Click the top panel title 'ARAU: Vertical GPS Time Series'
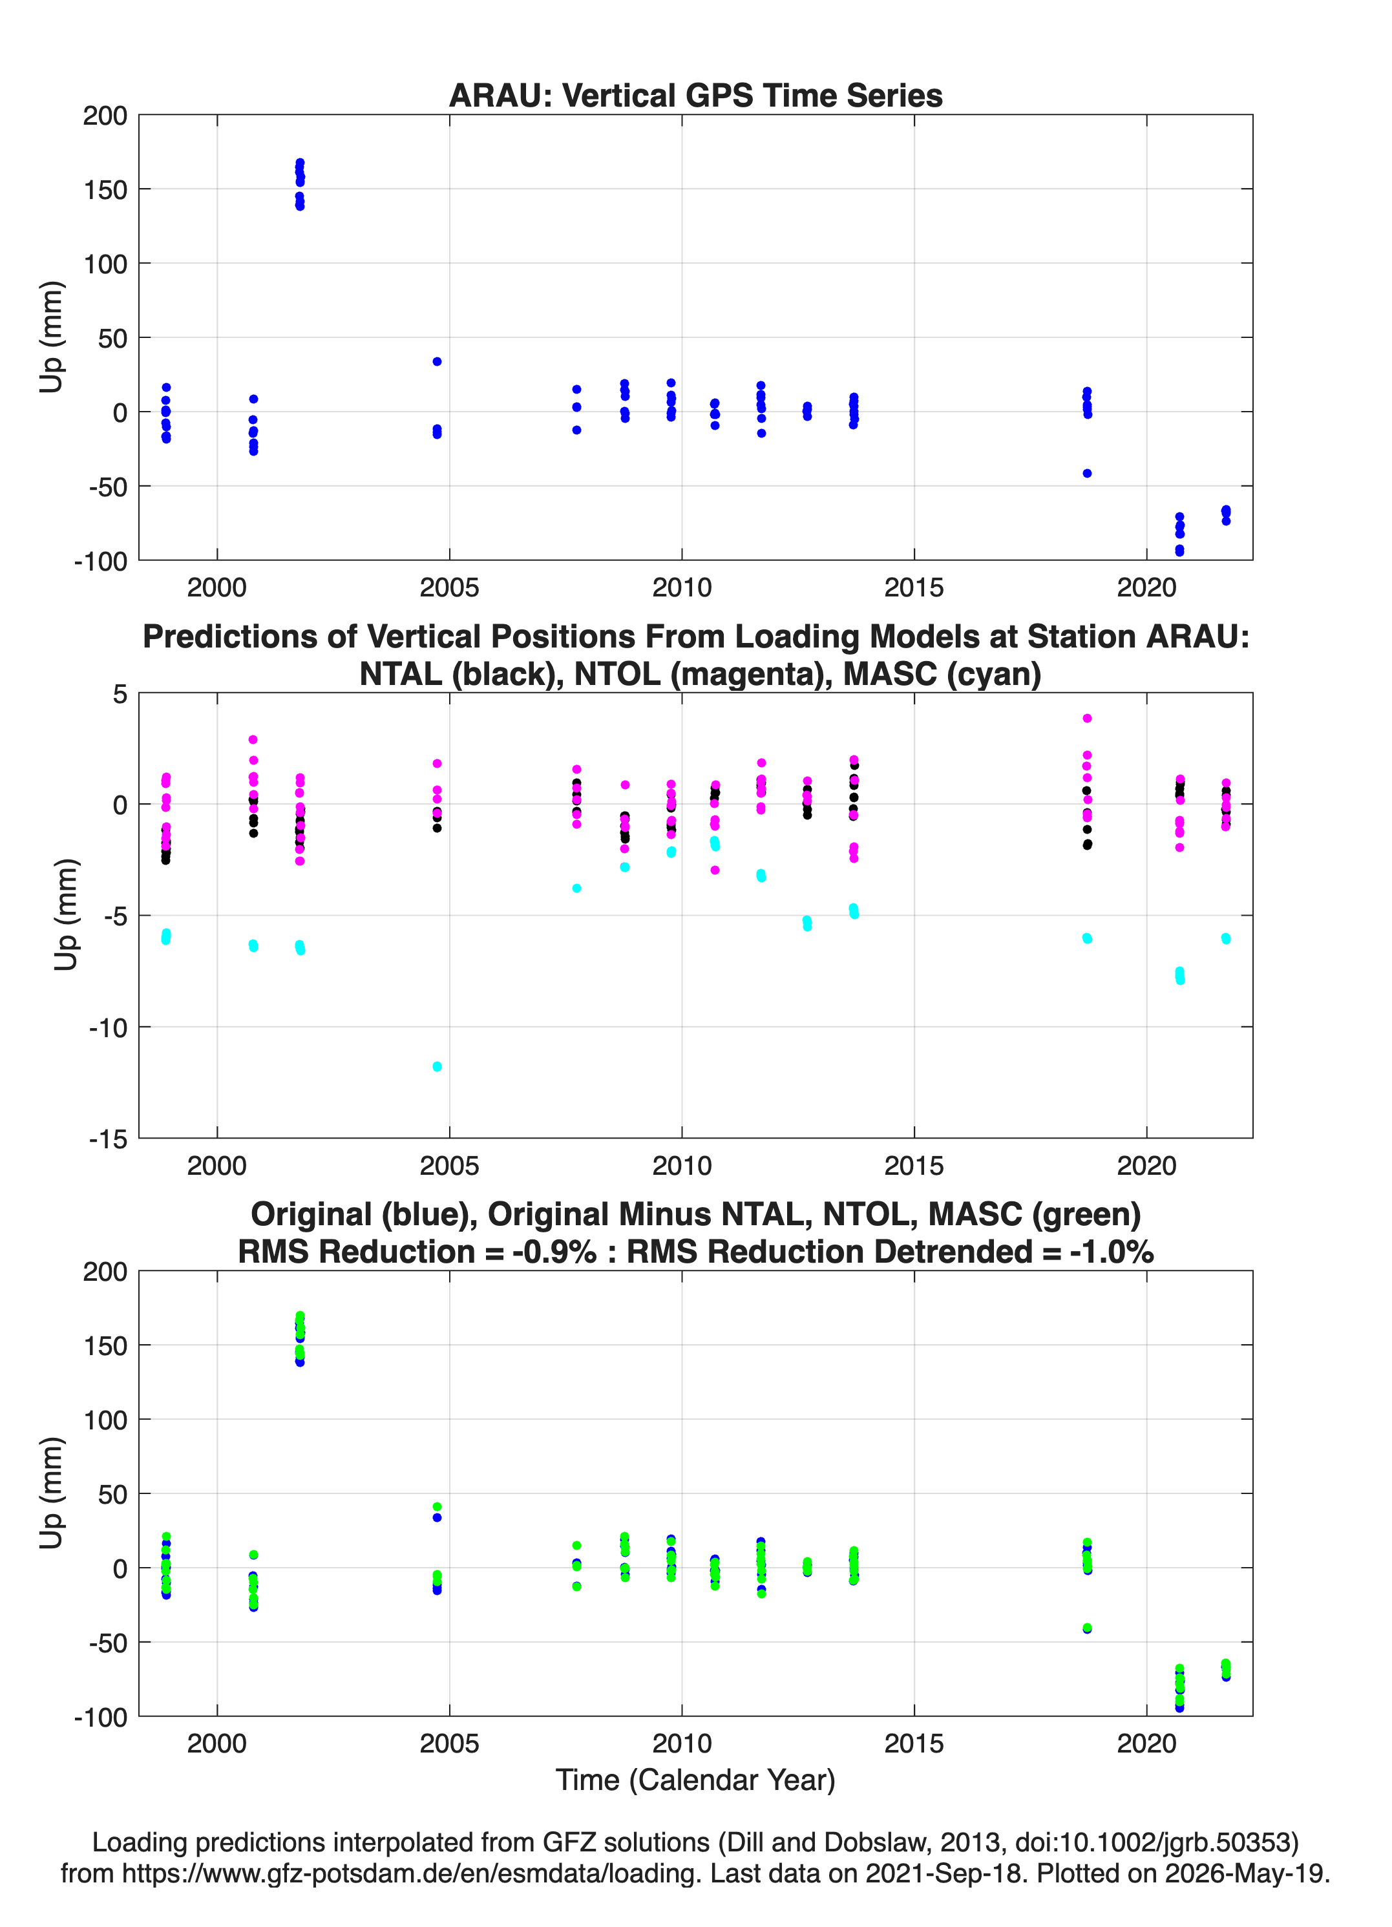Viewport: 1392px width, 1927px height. coord(695,95)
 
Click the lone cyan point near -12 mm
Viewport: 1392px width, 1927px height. coord(437,1066)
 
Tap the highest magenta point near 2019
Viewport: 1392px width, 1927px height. coord(1086,718)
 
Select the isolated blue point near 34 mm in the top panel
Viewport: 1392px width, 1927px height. coord(437,361)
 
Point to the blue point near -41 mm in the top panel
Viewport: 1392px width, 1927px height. coord(1087,473)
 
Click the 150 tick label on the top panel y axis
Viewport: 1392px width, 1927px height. coord(105,189)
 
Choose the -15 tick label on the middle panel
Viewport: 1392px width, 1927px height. coord(108,1139)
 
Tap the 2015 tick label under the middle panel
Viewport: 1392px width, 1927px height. coord(914,1166)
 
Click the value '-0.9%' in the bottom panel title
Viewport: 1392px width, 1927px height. coord(554,1252)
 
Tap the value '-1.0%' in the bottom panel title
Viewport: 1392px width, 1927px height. coord(1112,1252)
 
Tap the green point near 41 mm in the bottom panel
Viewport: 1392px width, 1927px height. coord(437,1506)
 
